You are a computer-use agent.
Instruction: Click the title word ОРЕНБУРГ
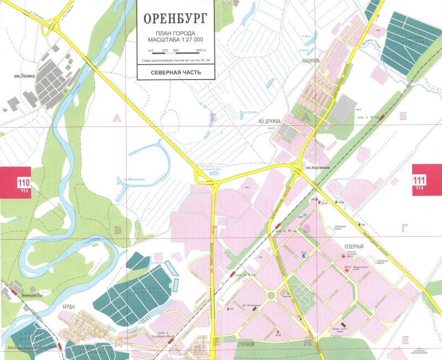175,19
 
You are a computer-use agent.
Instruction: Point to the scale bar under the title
174,54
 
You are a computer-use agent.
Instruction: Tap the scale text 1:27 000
186,40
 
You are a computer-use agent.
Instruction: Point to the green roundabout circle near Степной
271,295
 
